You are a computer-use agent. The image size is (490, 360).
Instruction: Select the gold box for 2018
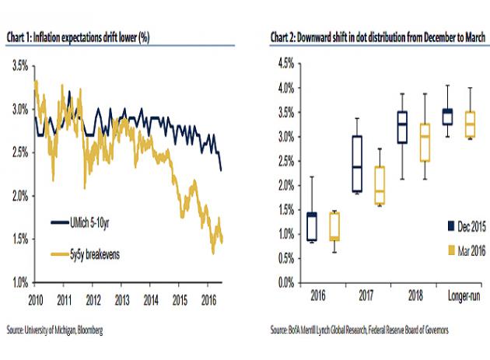point(424,142)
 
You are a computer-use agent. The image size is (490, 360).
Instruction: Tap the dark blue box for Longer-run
point(447,117)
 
